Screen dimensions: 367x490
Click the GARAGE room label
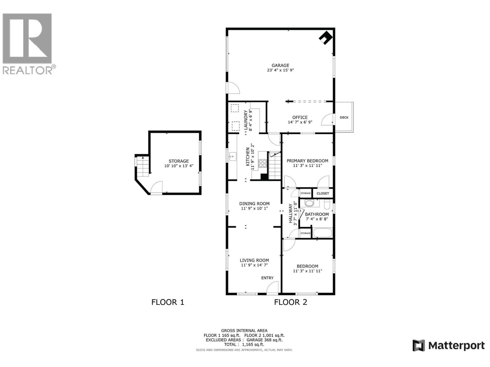pyautogui.click(x=280, y=65)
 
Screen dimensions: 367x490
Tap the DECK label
pyautogui.click(x=344, y=117)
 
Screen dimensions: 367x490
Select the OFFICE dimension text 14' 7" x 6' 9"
pyautogui.click(x=300, y=122)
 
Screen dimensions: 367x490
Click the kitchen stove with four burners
pyautogui.click(x=262, y=163)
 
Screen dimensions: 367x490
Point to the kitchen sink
pyautogui.click(x=232, y=157)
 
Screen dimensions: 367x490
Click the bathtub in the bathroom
pyautogui.click(x=322, y=233)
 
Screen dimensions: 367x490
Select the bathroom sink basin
pyautogui.click(x=309, y=203)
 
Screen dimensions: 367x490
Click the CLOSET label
pyautogui.click(x=323, y=193)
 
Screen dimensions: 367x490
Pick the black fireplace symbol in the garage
pyautogui.click(x=325, y=38)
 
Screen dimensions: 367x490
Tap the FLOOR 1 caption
pyautogui.click(x=168, y=302)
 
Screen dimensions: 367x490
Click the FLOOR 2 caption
pyautogui.click(x=290, y=302)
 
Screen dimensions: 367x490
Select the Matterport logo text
pyautogui.click(x=456, y=346)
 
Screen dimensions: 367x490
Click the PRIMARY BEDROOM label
pyautogui.click(x=307, y=161)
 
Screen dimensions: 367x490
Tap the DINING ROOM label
pyautogui.click(x=254, y=203)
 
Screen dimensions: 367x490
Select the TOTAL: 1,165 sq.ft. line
pyautogui.click(x=244, y=344)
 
